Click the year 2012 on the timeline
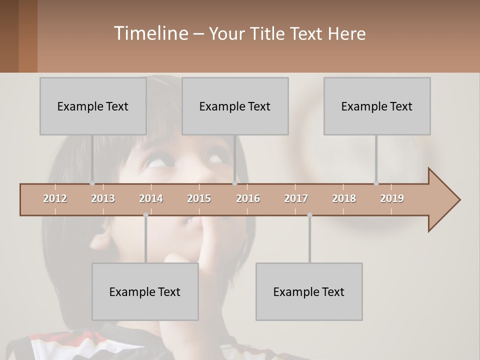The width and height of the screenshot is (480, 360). pos(55,198)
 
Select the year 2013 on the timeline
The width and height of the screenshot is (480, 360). pos(103,198)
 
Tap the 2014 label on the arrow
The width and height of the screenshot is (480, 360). pos(151,198)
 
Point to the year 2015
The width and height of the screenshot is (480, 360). pos(199,198)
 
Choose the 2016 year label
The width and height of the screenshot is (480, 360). pos(248,198)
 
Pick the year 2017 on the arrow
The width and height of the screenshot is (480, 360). pos(296,198)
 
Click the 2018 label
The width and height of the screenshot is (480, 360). pos(344,198)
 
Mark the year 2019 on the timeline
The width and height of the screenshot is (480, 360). pos(392,198)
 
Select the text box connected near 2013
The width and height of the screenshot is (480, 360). pos(93,106)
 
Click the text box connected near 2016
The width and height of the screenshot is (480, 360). pos(235,106)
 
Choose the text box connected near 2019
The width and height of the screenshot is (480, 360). pos(377,106)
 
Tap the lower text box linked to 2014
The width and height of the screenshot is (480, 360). pos(145,291)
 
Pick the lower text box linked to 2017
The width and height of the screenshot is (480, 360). pos(309,291)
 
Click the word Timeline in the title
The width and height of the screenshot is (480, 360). pos(150,33)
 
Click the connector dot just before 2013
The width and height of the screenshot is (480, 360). pos(92,183)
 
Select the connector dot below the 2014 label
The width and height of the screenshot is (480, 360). pos(145,215)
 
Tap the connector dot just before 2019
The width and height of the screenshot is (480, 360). pos(376,183)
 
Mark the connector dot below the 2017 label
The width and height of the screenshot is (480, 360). pos(309,215)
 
